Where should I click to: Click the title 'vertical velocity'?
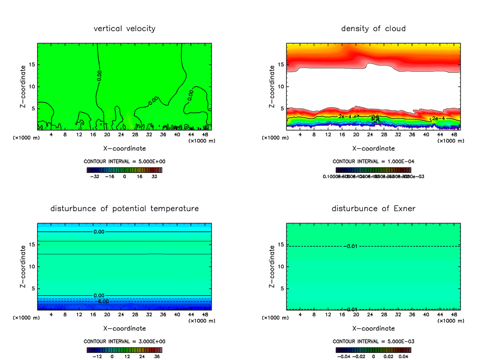click(124, 29)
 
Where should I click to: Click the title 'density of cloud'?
click(373, 29)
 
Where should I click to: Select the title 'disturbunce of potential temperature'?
click(124, 209)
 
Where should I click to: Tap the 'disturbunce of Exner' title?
click(373, 209)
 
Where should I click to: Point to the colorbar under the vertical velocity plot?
click(124, 170)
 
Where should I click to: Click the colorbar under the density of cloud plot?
click(373, 170)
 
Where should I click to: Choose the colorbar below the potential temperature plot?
click(124, 350)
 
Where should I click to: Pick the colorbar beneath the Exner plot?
click(373, 350)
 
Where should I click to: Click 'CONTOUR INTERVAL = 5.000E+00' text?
click(124, 161)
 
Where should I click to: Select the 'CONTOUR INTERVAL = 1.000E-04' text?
click(373, 161)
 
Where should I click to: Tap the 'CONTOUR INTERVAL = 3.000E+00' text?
click(124, 341)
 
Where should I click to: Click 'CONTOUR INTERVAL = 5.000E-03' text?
click(373, 341)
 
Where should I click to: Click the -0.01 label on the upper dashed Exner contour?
click(352, 246)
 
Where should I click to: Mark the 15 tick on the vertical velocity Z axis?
click(32, 65)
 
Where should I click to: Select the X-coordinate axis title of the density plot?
click(373, 148)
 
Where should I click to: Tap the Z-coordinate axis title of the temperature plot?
click(23, 267)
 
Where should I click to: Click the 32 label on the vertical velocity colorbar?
click(154, 176)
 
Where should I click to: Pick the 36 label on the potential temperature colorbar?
click(157, 356)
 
